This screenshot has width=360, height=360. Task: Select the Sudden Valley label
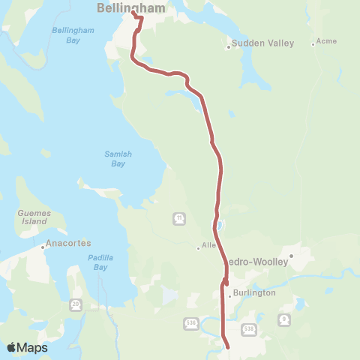(x=253, y=43)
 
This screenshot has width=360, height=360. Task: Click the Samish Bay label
(x=118, y=159)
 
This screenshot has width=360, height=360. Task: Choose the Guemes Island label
(x=33, y=217)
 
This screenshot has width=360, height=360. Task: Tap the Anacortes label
(x=68, y=244)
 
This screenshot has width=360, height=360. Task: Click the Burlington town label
(x=254, y=293)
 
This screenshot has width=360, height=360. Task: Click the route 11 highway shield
(x=180, y=218)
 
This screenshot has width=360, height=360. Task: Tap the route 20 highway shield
(x=76, y=304)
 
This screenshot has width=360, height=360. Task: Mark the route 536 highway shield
(x=190, y=323)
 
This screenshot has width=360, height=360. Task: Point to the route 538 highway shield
(x=249, y=328)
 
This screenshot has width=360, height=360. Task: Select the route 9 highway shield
(x=283, y=319)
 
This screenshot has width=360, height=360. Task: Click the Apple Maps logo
(x=27, y=347)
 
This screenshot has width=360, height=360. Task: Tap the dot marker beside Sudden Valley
(x=229, y=48)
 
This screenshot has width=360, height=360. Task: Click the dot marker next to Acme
(x=313, y=44)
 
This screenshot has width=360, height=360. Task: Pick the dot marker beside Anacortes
(x=43, y=244)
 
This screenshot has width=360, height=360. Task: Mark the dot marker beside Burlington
(x=229, y=295)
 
